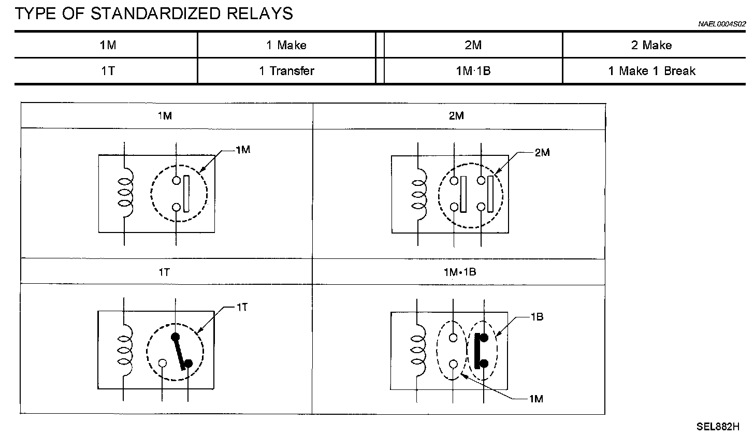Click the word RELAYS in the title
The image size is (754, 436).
click(x=259, y=14)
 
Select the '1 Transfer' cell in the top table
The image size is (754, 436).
click(x=286, y=71)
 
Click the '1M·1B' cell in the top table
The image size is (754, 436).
click(x=473, y=71)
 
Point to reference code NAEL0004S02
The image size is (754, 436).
click(x=722, y=24)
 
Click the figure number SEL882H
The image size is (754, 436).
click(x=718, y=427)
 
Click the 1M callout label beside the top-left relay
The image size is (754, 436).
click(x=243, y=150)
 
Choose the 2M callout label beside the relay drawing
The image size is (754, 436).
click(x=542, y=153)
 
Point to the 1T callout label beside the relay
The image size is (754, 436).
click(x=242, y=307)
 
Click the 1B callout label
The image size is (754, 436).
click(x=537, y=317)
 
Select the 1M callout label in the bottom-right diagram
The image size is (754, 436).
click(x=536, y=399)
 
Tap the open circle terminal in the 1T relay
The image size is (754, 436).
click(x=162, y=364)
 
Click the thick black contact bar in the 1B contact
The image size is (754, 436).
click(x=477, y=351)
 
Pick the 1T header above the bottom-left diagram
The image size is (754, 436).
click(x=164, y=272)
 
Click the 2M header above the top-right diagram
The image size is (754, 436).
click(x=456, y=116)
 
